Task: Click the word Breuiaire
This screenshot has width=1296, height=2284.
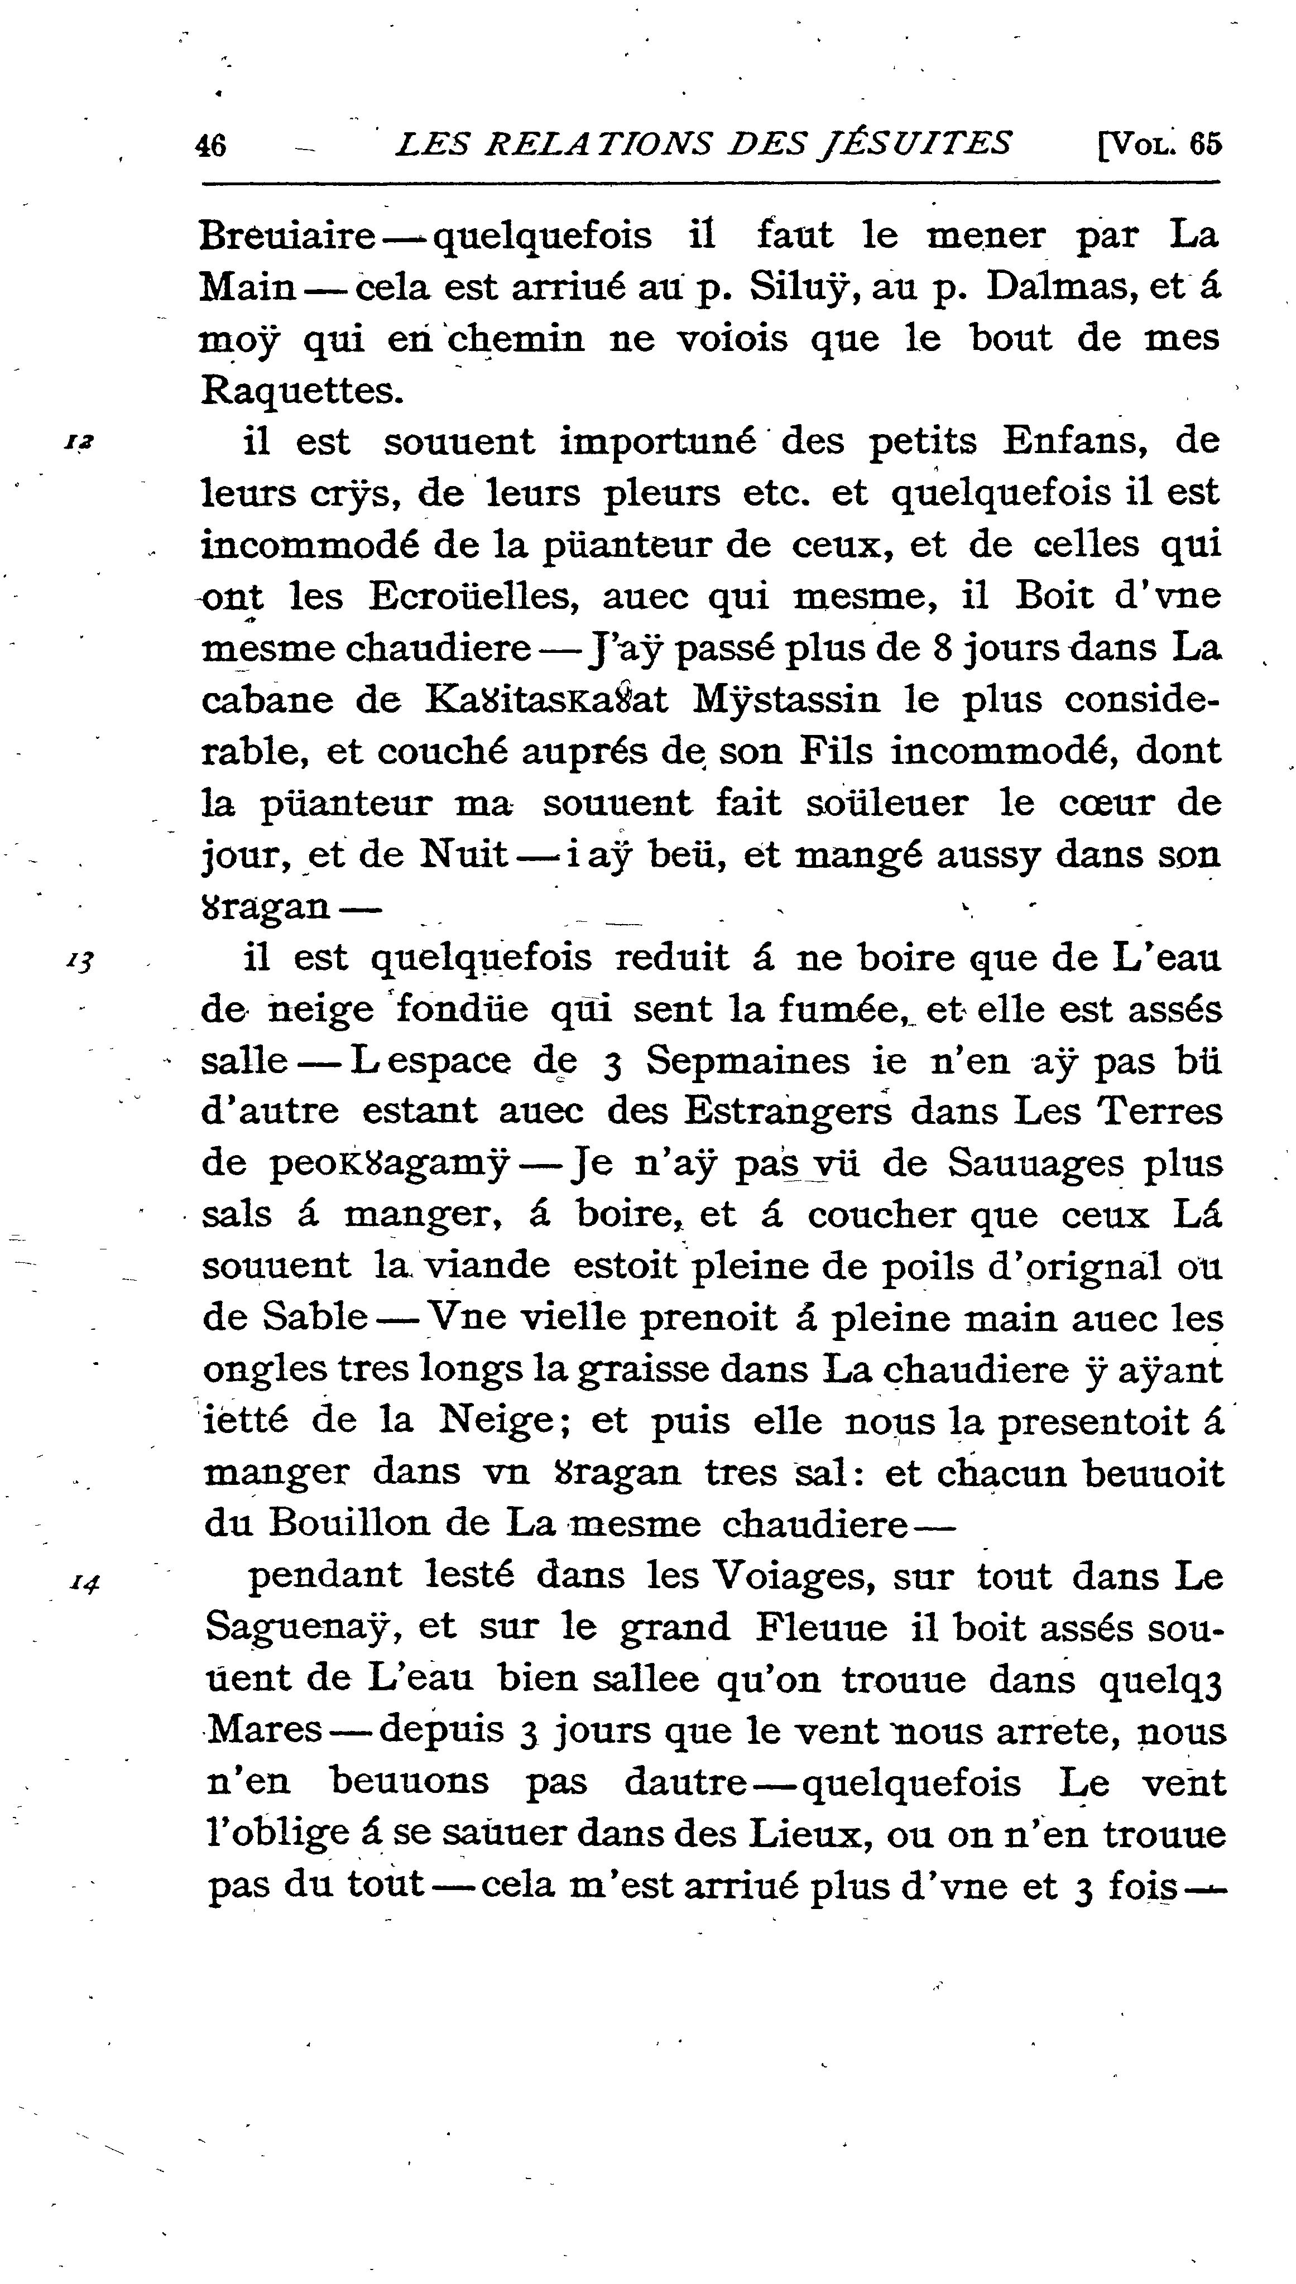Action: click(x=287, y=237)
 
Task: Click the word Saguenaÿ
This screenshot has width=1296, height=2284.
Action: click(x=300, y=1629)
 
